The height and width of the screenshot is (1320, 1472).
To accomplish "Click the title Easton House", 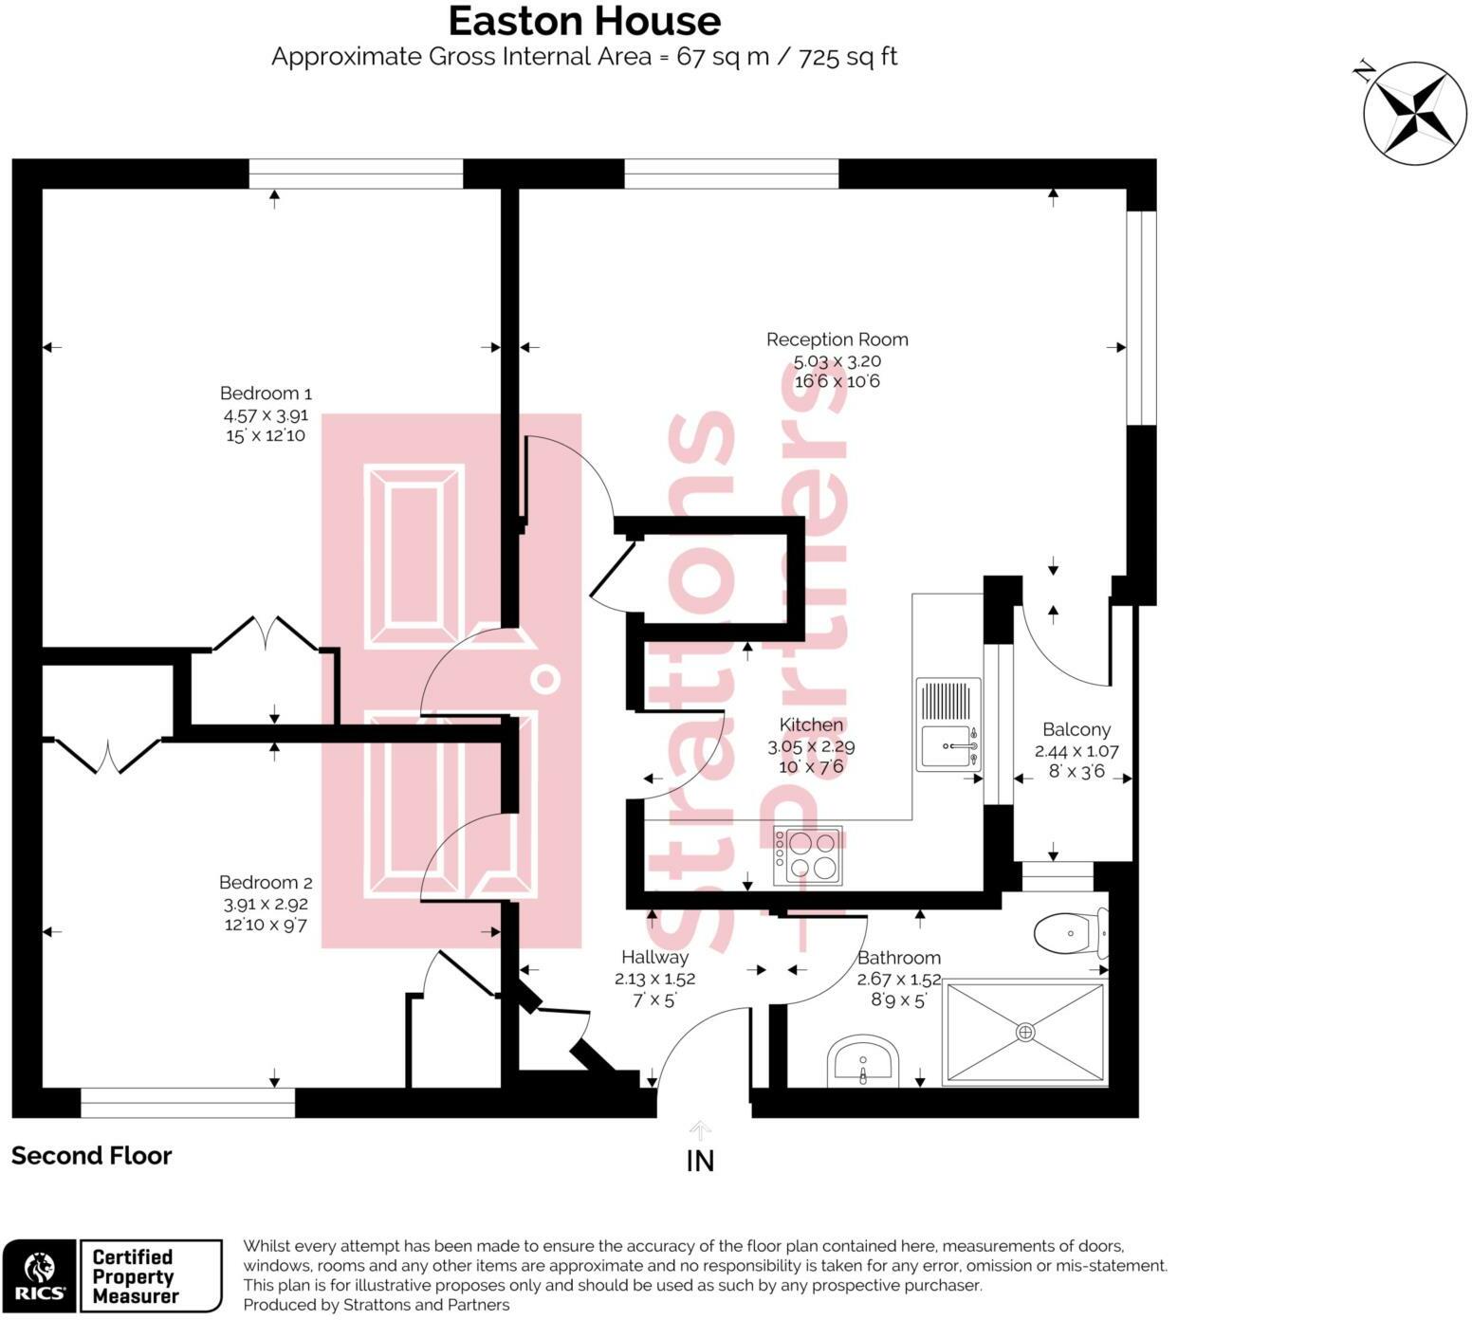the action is (584, 20).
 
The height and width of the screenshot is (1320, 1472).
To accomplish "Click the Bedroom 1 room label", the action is (266, 394).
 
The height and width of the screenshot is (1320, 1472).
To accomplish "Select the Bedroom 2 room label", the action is (266, 883).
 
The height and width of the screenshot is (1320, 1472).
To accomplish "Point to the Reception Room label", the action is (837, 339).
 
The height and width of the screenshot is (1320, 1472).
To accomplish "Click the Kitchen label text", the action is (811, 725).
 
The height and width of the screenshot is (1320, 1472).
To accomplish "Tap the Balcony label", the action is (1076, 730).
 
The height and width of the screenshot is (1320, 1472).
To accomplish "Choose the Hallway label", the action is (654, 958).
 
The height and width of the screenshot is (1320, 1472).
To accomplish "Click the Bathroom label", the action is (899, 958).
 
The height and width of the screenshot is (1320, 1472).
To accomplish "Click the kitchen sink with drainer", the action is (948, 724).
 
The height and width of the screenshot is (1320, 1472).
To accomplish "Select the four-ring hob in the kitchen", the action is (808, 855).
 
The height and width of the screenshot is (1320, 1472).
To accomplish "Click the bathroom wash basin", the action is (862, 1061).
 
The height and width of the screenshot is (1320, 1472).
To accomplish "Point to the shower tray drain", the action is (1025, 1032).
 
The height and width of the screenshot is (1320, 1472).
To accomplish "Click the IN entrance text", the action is (700, 1161).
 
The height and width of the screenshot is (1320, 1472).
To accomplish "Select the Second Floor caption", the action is (92, 1156).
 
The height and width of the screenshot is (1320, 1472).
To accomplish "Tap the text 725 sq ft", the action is (848, 57).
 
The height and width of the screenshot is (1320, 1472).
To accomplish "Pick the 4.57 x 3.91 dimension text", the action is (266, 415).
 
